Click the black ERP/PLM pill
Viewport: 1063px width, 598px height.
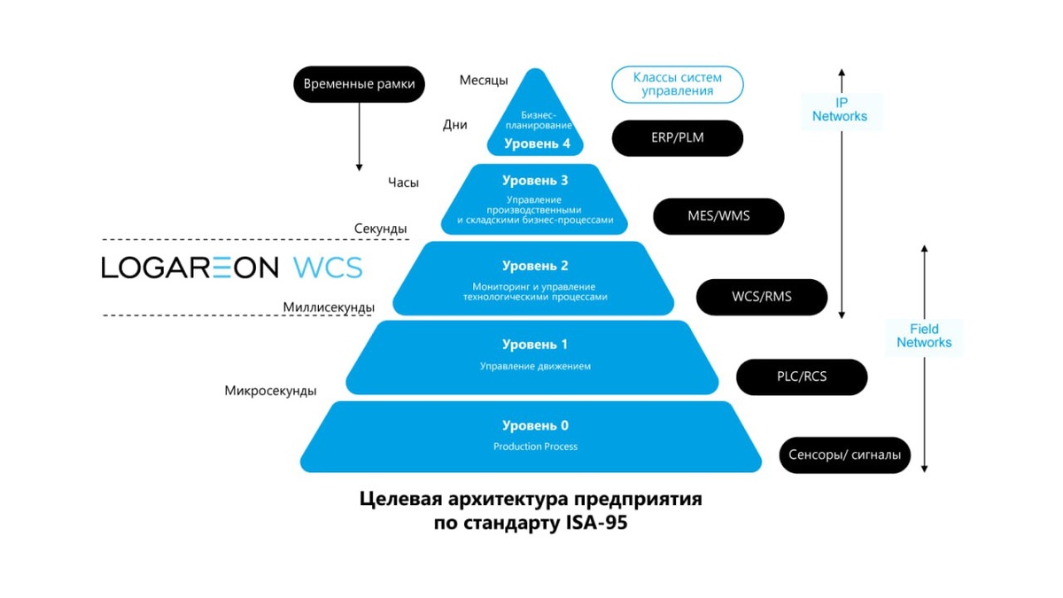click(677, 138)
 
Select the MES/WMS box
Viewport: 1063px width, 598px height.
click(718, 216)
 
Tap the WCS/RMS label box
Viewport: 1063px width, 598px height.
click(762, 297)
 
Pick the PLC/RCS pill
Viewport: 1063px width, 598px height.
click(802, 377)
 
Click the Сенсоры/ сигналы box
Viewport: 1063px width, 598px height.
click(844, 455)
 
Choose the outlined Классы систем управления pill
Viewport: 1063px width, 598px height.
click(677, 85)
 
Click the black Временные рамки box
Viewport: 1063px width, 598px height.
click(359, 85)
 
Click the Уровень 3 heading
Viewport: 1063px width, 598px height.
click(535, 181)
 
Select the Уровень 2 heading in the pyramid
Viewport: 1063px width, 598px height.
click(535, 266)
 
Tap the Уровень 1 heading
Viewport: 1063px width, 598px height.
click(535, 345)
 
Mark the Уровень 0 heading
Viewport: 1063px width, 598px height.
click(535, 426)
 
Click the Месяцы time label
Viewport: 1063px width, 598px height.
click(484, 81)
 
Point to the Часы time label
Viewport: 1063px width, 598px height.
click(403, 183)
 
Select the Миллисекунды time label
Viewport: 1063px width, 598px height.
click(329, 307)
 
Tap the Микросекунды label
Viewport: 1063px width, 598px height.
click(270, 391)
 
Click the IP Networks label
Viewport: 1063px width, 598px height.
click(840, 110)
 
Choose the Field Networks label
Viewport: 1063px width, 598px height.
click(924, 336)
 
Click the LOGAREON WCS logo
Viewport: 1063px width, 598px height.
click(232, 268)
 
